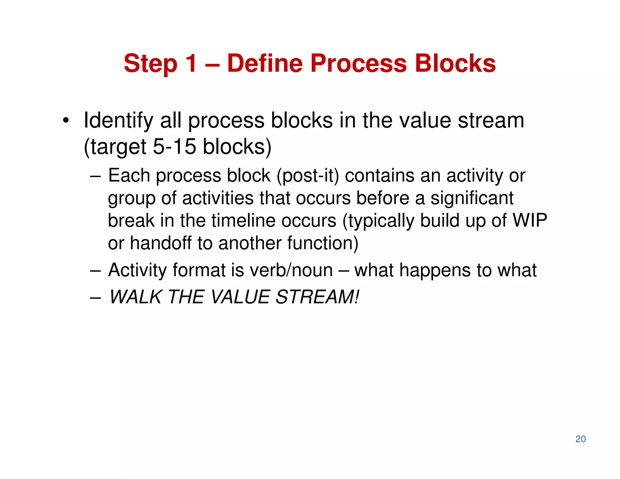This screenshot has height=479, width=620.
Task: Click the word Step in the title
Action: click(150, 64)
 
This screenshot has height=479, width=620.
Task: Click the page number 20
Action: click(580, 439)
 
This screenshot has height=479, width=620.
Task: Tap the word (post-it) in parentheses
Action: click(308, 176)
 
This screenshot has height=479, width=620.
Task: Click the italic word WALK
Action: click(135, 297)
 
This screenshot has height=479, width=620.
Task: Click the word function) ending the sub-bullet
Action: click(323, 243)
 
